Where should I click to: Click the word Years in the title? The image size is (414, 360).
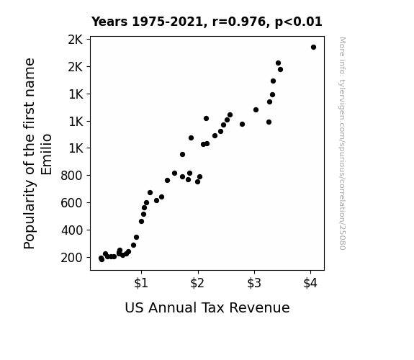pyautogui.click(x=109, y=22)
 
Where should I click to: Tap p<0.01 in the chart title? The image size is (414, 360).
pyautogui.click(x=298, y=22)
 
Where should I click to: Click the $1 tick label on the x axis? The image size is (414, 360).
pyautogui.click(x=141, y=284)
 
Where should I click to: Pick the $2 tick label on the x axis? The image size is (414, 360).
pyautogui.click(x=197, y=284)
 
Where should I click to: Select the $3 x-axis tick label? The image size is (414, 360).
pyautogui.click(x=254, y=284)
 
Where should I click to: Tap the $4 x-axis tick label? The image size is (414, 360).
pyautogui.click(x=310, y=284)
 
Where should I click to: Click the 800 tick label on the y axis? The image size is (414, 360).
pyautogui.click(x=71, y=176)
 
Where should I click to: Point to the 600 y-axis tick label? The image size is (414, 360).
pyautogui.click(x=71, y=203)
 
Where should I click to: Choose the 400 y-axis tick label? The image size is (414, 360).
pyautogui.click(x=71, y=230)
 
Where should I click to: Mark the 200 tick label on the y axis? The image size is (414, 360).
pyautogui.click(x=71, y=258)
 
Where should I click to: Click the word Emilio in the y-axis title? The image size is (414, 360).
pyautogui.click(x=47, y=155)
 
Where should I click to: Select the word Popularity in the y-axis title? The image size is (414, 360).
pyautogui.click(x=29, y=215)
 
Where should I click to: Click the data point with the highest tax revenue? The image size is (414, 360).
pyautogui.click(x=313, y=48)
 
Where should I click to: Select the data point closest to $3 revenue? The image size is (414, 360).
pyautogui.click(x=256, y=110)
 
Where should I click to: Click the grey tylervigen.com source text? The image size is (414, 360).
pyautogui.click(x=342, y=143)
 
